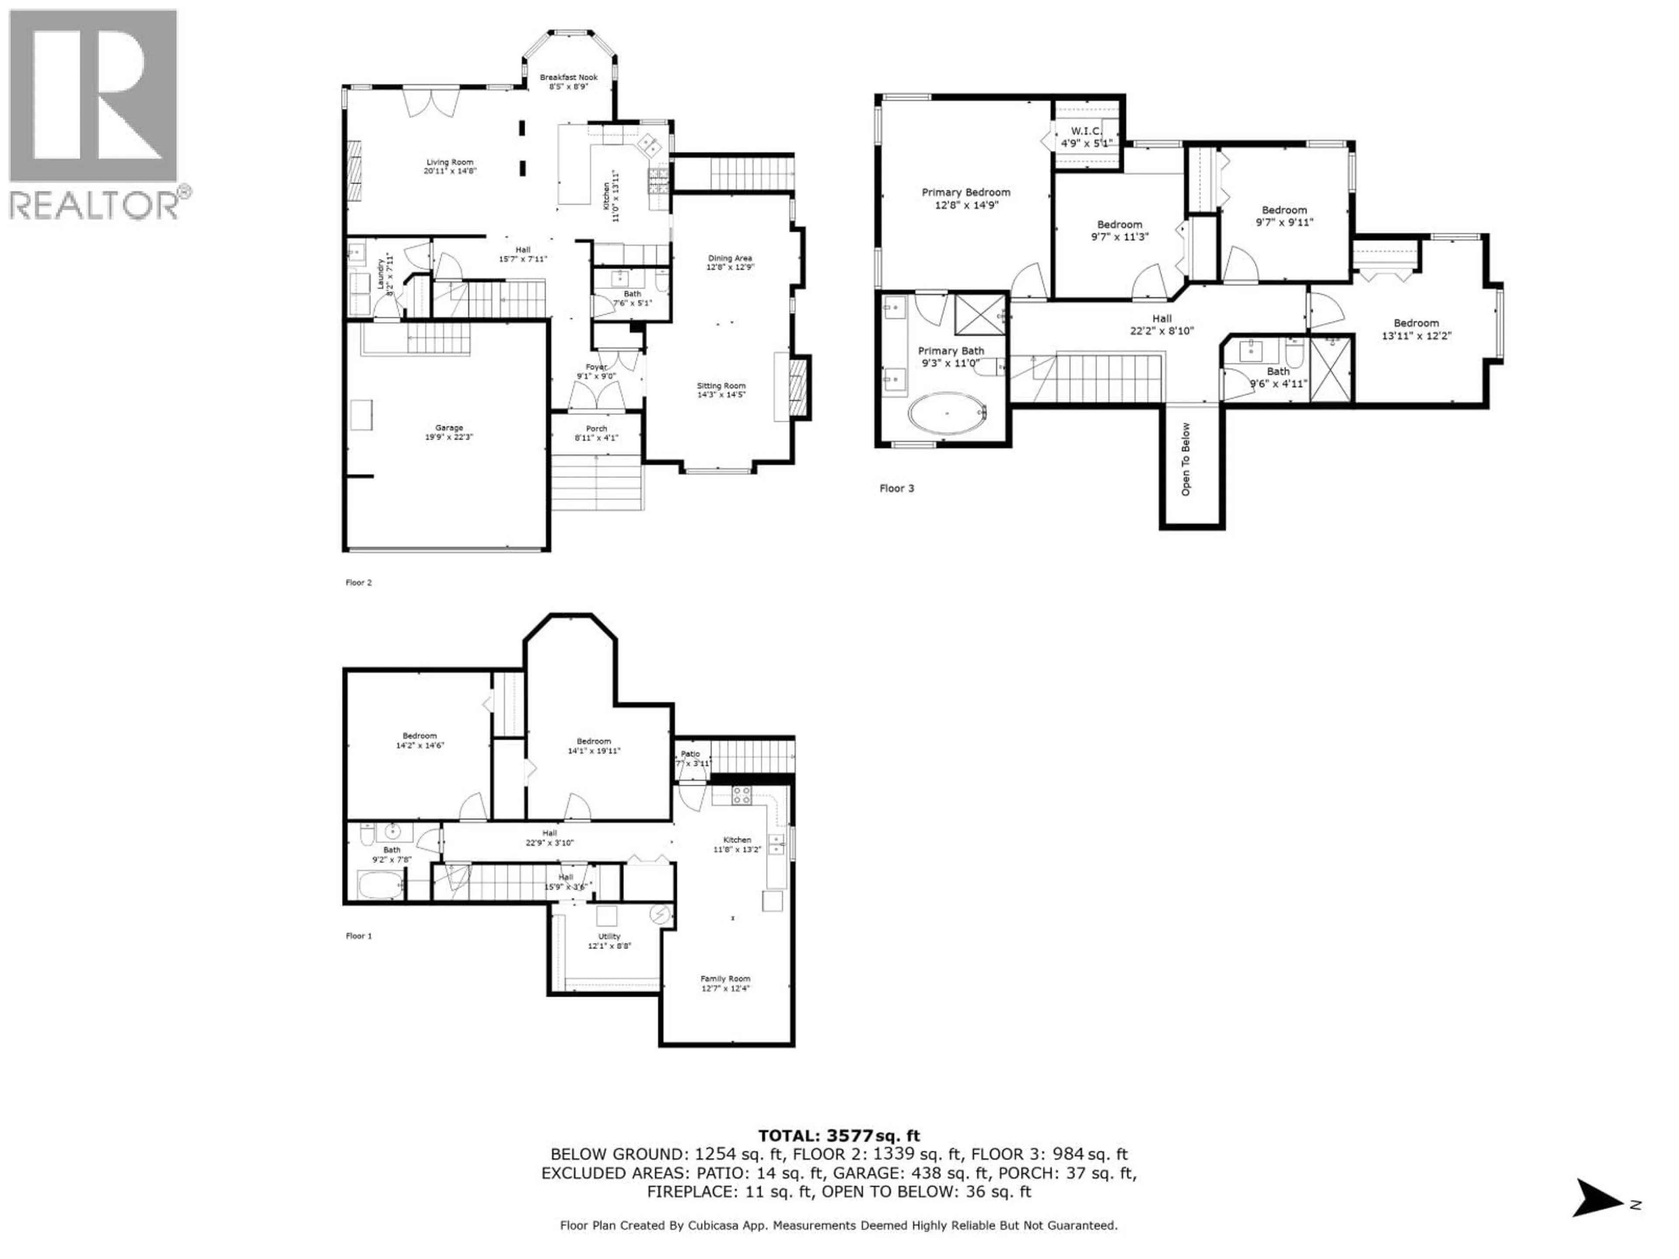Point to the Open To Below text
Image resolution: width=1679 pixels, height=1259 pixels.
click(1186, 459)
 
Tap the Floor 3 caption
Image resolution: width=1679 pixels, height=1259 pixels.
click(896, 488)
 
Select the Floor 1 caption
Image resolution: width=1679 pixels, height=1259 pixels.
click(359, 936)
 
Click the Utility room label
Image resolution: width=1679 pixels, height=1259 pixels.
click(609, 936)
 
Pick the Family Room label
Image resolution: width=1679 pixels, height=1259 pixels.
click(725, 979)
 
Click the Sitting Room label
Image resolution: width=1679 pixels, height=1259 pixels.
click(721, 386)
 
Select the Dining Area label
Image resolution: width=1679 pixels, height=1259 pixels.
click(729, 258)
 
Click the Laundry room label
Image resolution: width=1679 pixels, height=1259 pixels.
click(380, 275)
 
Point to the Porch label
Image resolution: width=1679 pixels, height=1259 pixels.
click(596, 429)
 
